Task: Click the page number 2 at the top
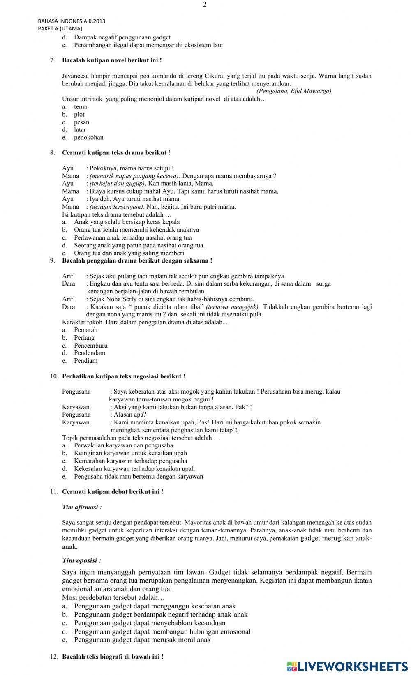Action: (205, 5)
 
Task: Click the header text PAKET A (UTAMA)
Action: (60, 28)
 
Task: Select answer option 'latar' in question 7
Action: (80, 130)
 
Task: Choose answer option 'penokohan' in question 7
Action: (88, 138)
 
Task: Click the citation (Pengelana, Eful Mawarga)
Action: (293, 91)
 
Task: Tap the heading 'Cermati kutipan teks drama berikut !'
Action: (116, 153)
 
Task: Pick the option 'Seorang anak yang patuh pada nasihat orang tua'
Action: (139, 245)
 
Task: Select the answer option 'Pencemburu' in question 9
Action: (90, 346)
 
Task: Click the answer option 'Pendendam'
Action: (89, 353)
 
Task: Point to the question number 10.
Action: (54, 376)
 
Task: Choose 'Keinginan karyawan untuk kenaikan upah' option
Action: (130, 453)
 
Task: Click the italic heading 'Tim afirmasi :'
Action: (82, 507)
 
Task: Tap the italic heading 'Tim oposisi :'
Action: (81, 560)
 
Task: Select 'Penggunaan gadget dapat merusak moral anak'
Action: (142, 640)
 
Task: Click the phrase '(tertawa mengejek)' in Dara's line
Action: (232, 307)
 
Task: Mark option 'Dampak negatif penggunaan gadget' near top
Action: (122, 37)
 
